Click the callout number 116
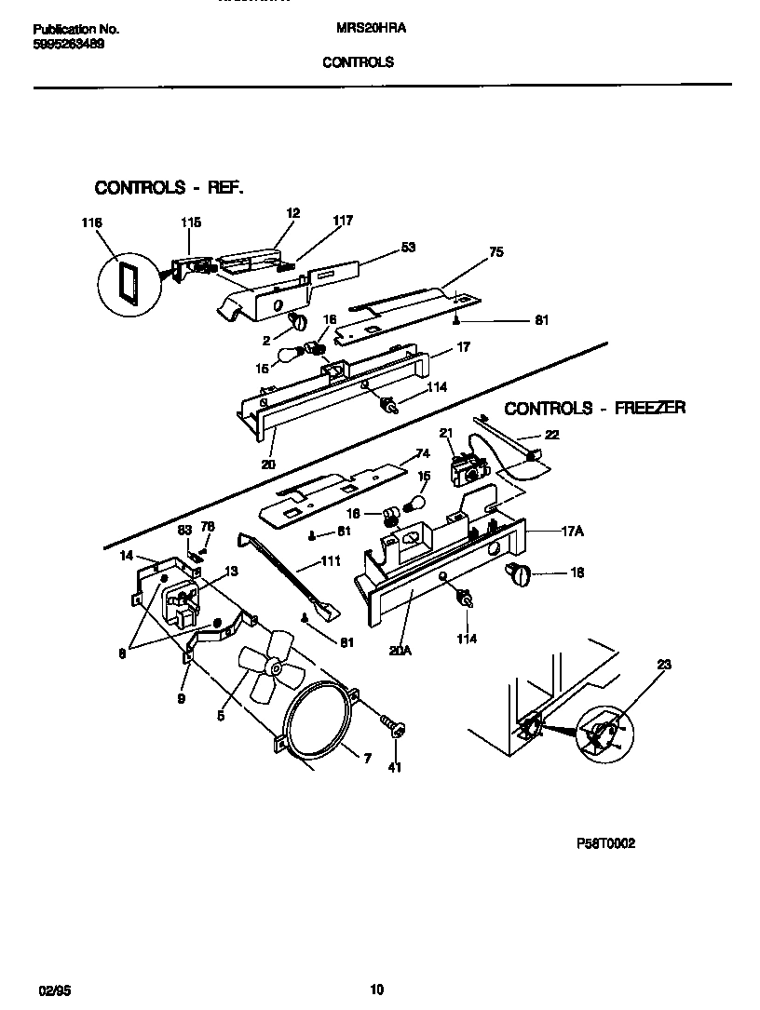(x=90, y=222)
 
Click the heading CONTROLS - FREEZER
(x=594, y=408)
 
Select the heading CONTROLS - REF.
(x=170, y=188)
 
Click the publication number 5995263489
(x=68, y=43)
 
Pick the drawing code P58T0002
(x=606, y=842)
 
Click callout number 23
(x=663, y=665)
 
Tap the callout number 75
(x=495, y=252)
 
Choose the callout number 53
(x=407, y=248)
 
